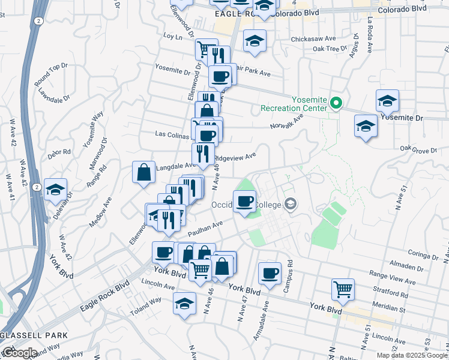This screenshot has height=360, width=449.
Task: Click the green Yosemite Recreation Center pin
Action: pos(336,104)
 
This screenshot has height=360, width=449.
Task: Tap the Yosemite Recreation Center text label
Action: pos(294,104)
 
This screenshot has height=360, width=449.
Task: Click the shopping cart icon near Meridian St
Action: pos(343,289)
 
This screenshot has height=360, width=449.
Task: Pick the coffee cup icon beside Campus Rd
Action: pos(270,273)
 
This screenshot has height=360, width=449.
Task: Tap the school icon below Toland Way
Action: pos(184,303)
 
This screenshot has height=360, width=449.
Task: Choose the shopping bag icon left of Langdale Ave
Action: pos(144,173)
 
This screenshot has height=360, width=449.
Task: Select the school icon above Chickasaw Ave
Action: pos(255,41)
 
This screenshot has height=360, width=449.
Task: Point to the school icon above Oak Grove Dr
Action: pos(366,127)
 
